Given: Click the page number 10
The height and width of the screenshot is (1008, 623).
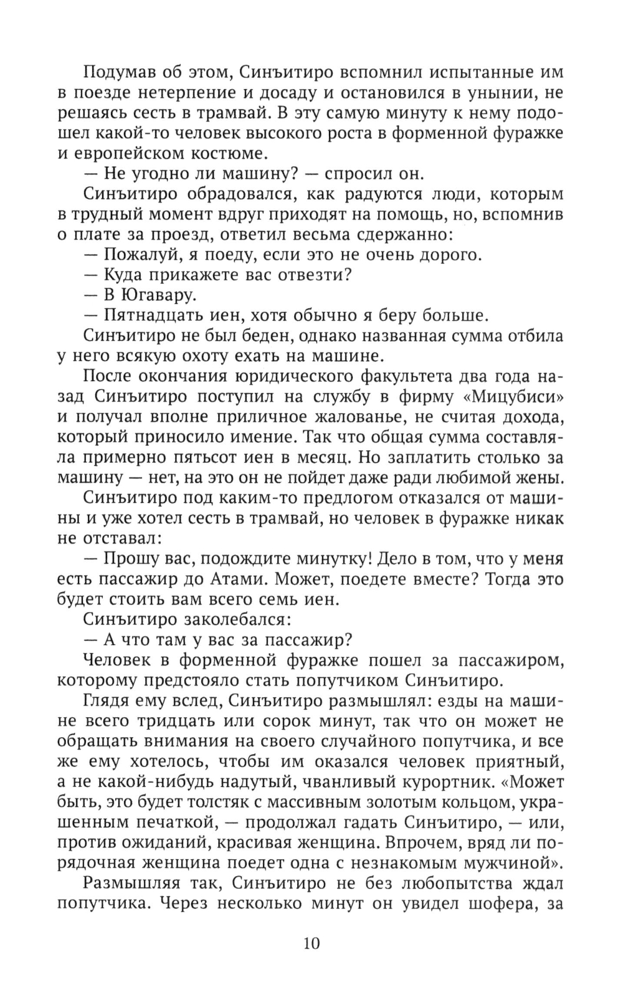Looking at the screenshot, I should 311,943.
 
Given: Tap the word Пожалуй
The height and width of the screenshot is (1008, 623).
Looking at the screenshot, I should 138,255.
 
